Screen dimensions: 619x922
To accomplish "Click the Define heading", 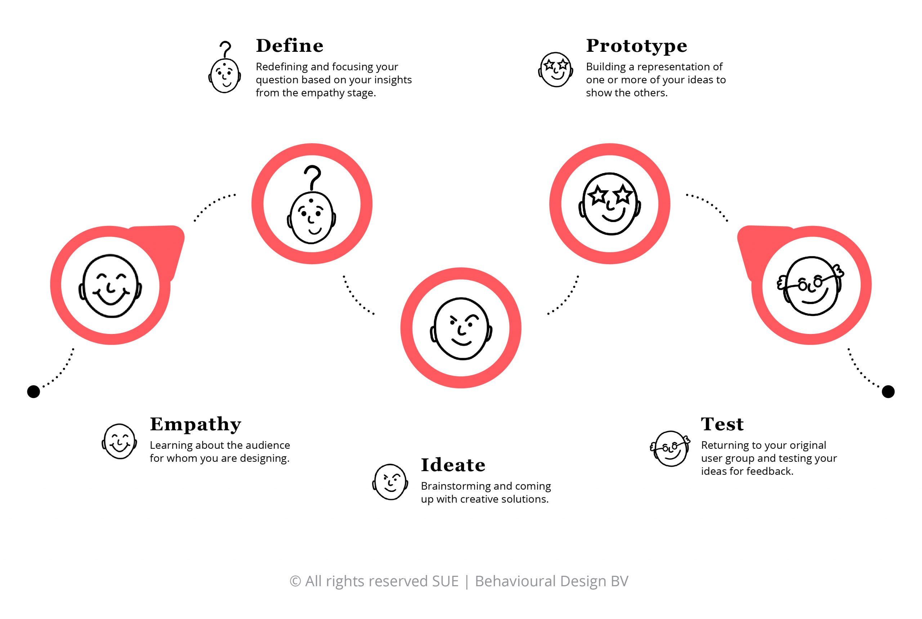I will tap(290, 46).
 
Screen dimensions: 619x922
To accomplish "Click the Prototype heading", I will tap(636, 46).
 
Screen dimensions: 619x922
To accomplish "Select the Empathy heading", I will tap(196, 425).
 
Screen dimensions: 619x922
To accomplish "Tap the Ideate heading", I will tap(453, 465).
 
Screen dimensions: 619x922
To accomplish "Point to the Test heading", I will tap(722, 424).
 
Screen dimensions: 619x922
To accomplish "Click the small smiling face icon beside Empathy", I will tap(119, 441).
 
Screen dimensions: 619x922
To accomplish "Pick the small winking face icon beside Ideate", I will tap(390, 482).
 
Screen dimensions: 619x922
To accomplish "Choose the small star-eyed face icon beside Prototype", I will tap(556, 70).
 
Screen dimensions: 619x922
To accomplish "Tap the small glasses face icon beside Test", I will tap(670, 448).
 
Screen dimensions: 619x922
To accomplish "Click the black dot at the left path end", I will tap(33, 392).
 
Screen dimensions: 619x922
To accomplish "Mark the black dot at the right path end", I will tap(889, 392).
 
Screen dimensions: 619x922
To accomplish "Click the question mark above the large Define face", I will tap(313, 177).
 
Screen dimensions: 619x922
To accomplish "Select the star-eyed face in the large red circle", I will tap(610, 204).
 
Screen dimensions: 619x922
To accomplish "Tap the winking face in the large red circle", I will tap(461, 329).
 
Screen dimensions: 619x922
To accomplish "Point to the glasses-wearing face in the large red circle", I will tap(811, 286).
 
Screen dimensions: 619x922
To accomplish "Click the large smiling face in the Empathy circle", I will tap(111, 286).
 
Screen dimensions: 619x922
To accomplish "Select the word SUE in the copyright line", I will tap(445, 582).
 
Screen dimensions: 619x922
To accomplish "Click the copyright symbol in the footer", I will tap(295, 582).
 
